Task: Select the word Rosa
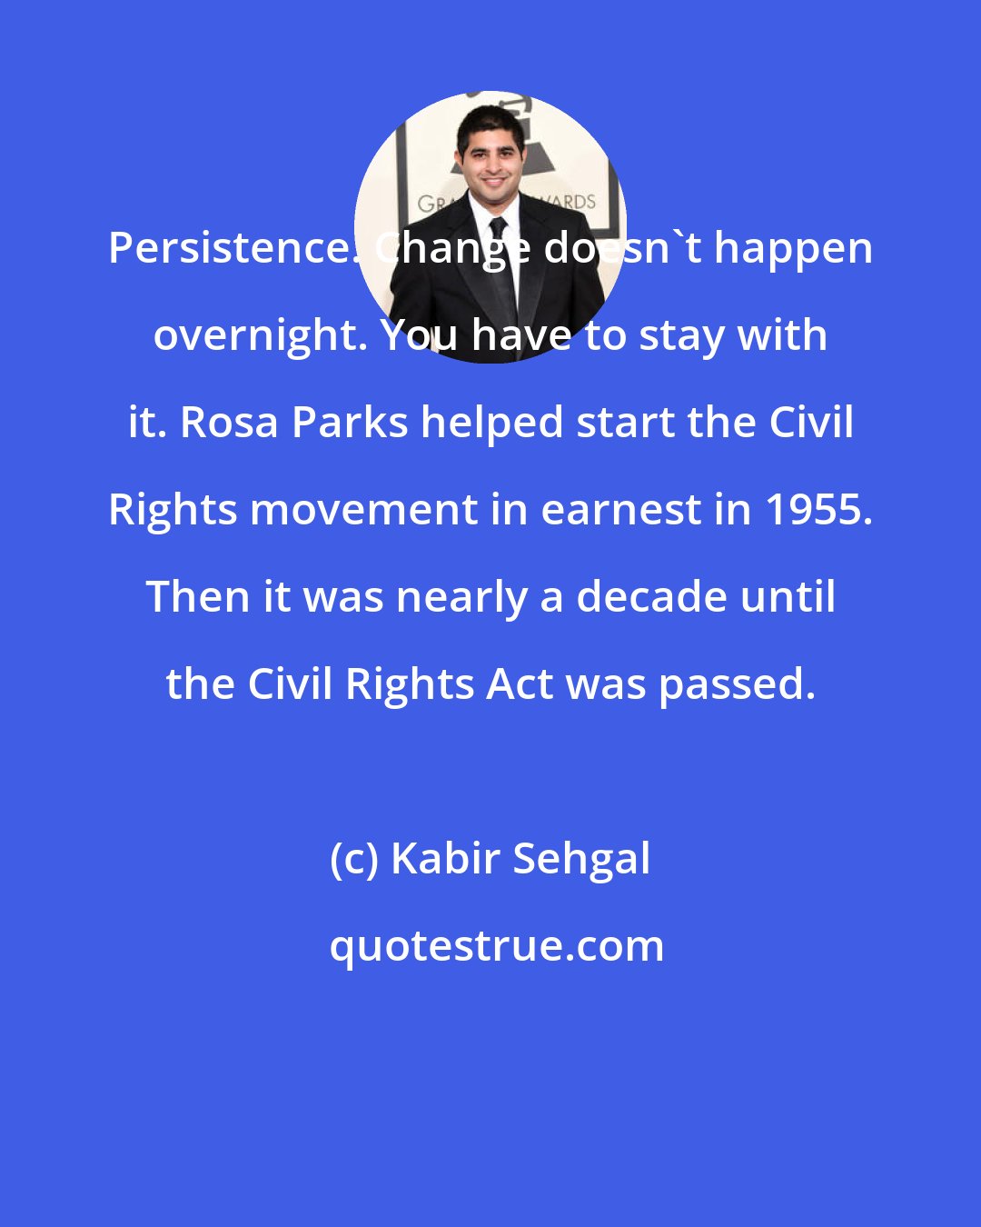click(x=229, y=423)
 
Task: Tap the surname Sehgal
click(x=581, y=859)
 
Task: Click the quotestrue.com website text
click(x=496, y=946)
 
